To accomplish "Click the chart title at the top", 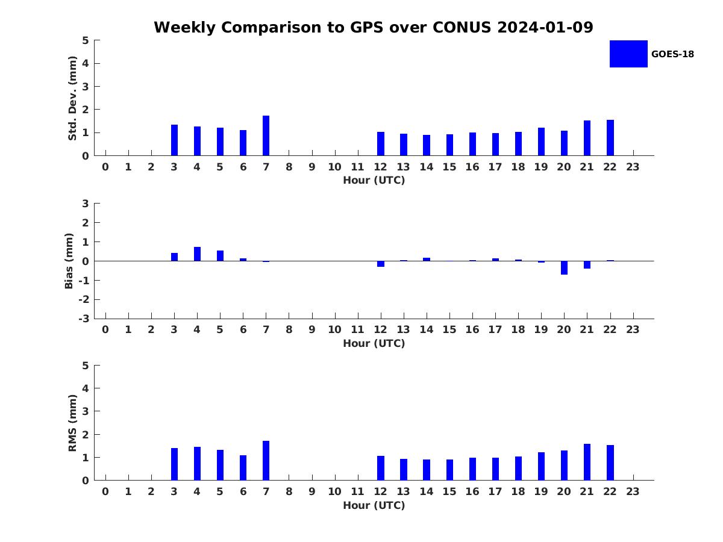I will (x=373, y=28).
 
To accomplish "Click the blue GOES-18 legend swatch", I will (x=628, y=54).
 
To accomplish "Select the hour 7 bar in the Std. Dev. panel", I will (x=266, y=135).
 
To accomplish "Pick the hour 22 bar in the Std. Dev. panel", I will (x=610, y=138).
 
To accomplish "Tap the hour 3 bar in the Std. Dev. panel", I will (x=174, y=140).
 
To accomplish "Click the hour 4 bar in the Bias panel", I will (x=197, y=254).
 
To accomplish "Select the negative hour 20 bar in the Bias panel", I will (x=564, y=267).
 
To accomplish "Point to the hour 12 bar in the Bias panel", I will (x=381, y=264).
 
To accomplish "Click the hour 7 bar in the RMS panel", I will (x=266, y=461).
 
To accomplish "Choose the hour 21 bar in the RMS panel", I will (x=587, y=462).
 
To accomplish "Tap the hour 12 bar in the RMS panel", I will (x=381, y=468).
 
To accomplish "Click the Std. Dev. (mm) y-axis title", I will (x=73, y=98).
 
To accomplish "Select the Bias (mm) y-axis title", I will (x=69, y=261).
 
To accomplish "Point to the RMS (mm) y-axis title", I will (x=73, y=423).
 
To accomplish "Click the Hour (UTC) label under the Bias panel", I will (x=374, y=343).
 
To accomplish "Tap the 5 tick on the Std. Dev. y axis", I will (x=86, y=40).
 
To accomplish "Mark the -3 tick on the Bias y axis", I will (x=84, y=319).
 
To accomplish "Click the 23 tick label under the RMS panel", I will (x=633, y=491).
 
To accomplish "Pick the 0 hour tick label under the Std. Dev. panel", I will (x=105, y=167).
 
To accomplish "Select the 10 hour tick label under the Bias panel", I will (x=334, y=329).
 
